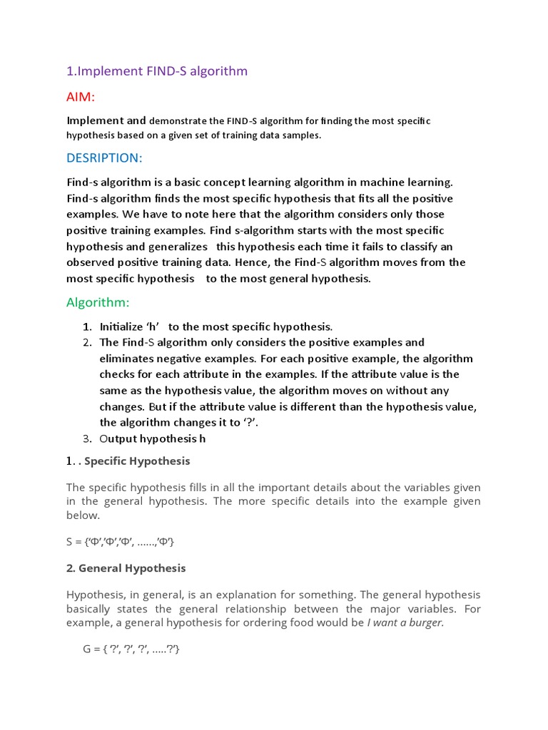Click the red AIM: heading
point(81,96)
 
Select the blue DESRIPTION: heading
point(104,157)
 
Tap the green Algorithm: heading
point(98,303)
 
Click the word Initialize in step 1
point(122,327)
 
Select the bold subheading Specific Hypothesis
point(137,461)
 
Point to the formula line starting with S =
point(120,543)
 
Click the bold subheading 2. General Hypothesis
point(126,568)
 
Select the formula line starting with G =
point(132,649)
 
